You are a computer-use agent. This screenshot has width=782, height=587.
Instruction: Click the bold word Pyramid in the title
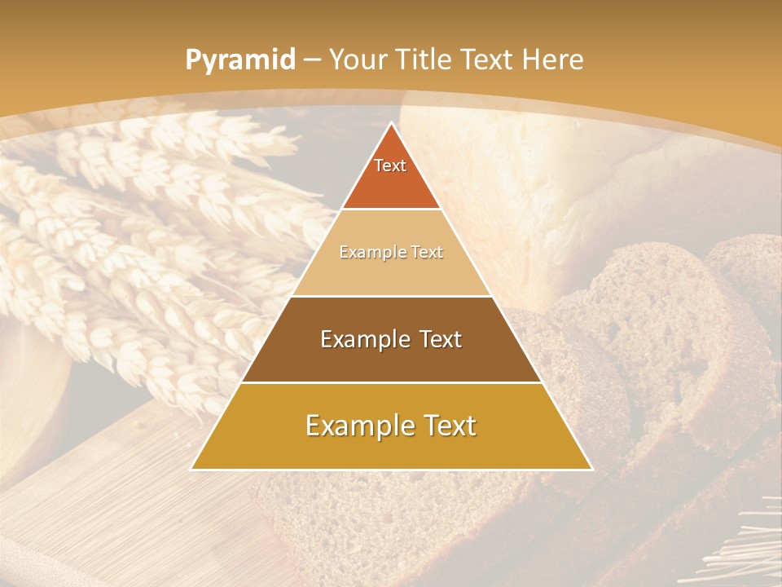(x=239, y=60)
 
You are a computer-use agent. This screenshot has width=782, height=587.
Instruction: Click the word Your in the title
(x=358, y=60)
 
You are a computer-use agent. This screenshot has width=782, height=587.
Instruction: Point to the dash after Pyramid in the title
(x=311, y=60)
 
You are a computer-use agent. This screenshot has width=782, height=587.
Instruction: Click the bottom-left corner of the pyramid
(x=192, y=469)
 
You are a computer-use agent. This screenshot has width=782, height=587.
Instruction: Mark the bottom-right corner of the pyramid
(x=591, y=469)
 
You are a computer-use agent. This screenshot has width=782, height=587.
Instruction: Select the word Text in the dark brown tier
(x=437, y=339)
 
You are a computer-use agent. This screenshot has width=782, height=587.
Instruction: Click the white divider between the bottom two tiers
(x=391, y=382)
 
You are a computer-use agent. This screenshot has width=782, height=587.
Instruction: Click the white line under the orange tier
(x=391, y=210)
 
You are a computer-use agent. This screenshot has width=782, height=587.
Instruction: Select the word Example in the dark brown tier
(x=362, y=339)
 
